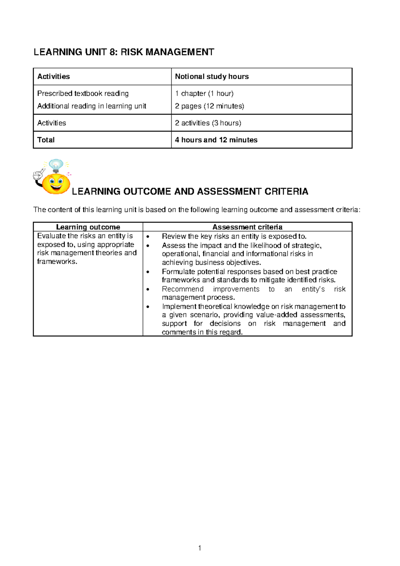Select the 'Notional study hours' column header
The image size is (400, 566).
212,76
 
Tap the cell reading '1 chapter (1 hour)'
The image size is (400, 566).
204,93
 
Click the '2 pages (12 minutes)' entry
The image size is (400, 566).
209,106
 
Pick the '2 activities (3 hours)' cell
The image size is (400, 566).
208,123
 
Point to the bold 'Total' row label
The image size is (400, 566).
46,140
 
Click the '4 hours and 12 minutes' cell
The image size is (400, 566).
216,140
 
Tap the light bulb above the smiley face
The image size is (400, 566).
56,165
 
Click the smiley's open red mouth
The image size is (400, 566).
56,189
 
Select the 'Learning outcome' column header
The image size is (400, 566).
88,227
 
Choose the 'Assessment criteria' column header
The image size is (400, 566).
247,227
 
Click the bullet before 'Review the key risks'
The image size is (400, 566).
148,237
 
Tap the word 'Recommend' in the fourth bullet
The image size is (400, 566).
183,289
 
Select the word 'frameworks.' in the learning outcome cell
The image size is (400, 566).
57,262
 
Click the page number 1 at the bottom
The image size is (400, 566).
200,548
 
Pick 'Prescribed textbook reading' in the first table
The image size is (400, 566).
83,93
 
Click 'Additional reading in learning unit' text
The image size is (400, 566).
92,106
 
